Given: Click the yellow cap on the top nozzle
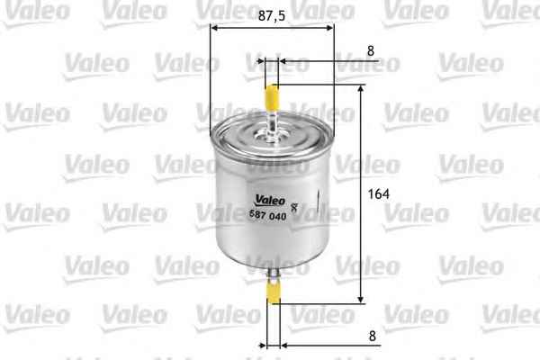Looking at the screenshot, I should pos(272,94).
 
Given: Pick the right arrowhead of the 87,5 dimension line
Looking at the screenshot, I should pos(328,27).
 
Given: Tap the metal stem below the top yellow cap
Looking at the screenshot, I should pos(272,117).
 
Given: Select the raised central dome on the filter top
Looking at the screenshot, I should pos(271,135).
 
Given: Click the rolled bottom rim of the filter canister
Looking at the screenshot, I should pos(271,257).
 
